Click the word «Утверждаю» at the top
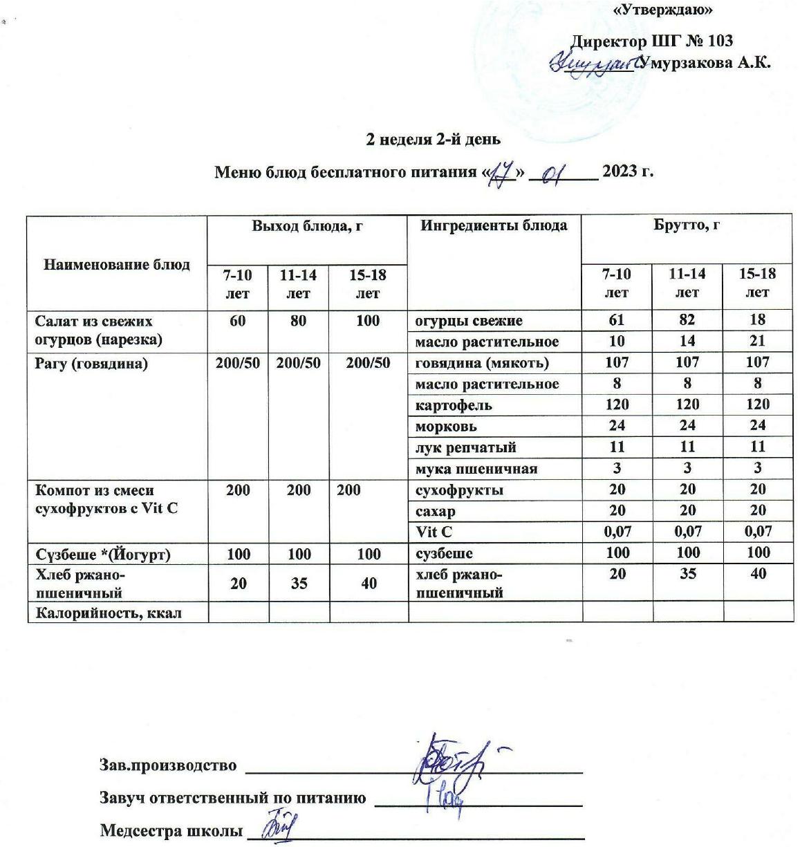click(663, 10)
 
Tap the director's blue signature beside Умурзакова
click(593, 64)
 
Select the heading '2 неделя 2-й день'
click(433, 140)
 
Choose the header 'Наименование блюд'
click(117, 264)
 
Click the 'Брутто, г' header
click(687, 225)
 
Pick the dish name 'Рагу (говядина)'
click(91, 363)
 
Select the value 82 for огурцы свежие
click(687, 319)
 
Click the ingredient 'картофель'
click(454, 405)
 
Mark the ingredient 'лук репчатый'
click(465, 447)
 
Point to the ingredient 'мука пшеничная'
click(476, 469)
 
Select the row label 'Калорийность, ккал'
click(109, 613)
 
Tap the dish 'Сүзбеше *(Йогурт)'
click(103, 555)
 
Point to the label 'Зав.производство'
click(168, 765)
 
